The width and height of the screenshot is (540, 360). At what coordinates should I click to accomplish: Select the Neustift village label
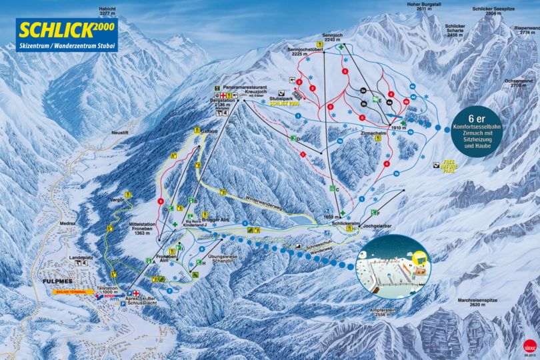[x=119, y=133]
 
